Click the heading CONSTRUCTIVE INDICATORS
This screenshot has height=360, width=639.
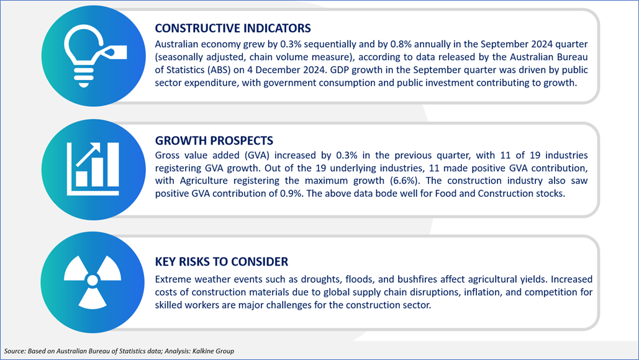pyautogui.click(x=233, y=28)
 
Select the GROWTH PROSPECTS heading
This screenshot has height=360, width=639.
pyautogui.click(x=214, y=140)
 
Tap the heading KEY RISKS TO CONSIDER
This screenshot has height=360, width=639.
pyautogui.click(x=221, y=261)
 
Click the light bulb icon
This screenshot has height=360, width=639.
pyautogui.click(x=84, y=56)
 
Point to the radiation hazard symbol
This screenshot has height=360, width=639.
pyautogui.click(x=93, y=281)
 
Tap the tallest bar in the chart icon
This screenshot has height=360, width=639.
pyautogui.click(x=112, y=164)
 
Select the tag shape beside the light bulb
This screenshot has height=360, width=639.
pyautogui.click(x=112, y=52)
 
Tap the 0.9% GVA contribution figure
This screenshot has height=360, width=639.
pyautogui.click(x=291, y=194)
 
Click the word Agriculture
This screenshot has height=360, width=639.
pyautogui.click(x=204, y=181)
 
